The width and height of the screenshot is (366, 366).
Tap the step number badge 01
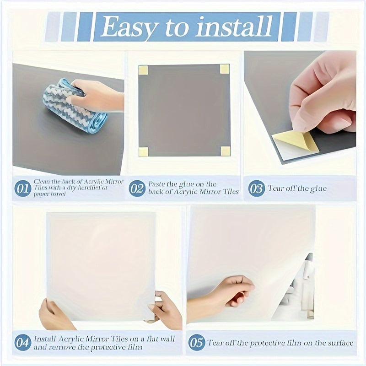coord(22,188)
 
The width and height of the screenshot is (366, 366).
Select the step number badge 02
coord(137,188)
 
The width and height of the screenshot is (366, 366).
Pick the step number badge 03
coord(257,188)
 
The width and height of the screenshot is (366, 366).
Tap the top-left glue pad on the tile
coord(143,70)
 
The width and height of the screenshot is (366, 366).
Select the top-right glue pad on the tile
coord(225,69)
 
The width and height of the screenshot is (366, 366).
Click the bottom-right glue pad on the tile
coord(225,151)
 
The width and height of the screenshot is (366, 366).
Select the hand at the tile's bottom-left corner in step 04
coord(55,315)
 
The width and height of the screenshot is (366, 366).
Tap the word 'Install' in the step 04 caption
coord(47,339)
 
